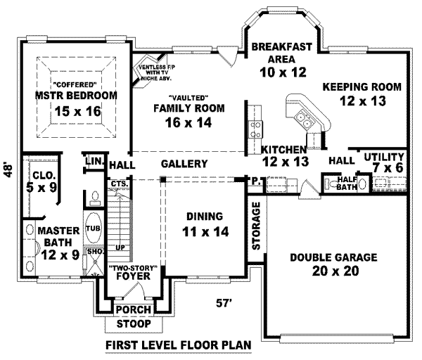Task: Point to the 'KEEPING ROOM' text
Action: click(x=362, y=87)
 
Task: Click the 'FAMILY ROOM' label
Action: click(x=188, y=108)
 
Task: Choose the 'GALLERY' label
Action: click(x=184, y=163)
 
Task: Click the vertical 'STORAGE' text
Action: click(x=256, y=226)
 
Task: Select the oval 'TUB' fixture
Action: click(x=93, y=229)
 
